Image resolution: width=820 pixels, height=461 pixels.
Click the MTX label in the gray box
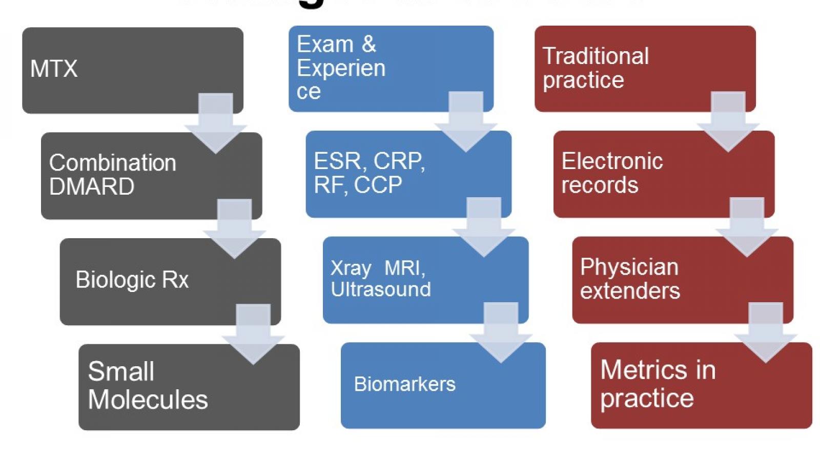point(54,69)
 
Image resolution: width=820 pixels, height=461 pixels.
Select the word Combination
point(112,163)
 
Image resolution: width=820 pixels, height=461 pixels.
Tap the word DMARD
point(91,186)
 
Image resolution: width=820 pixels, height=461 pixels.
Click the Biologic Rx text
point(132,280)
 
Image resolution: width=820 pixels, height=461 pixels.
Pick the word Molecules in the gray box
point(148,400)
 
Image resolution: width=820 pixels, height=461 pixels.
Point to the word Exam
point(325,44)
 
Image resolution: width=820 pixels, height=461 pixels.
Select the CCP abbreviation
point(378,185)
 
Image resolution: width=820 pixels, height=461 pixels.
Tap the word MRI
point(404,268)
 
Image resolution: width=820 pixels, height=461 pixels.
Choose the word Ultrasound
point(380,289)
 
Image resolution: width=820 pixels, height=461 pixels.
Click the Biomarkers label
point(404,384)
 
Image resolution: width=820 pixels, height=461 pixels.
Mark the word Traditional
point(596,56)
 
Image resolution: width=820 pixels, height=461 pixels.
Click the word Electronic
point(612,161)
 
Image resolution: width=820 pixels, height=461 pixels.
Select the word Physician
point(629,267)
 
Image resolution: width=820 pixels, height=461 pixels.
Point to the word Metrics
point(643,369)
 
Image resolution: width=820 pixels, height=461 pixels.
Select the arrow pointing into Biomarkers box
point(501,333)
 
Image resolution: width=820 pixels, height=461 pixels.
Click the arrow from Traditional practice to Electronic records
point(728,123)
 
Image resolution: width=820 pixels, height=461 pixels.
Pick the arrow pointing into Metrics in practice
point(766,333)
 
